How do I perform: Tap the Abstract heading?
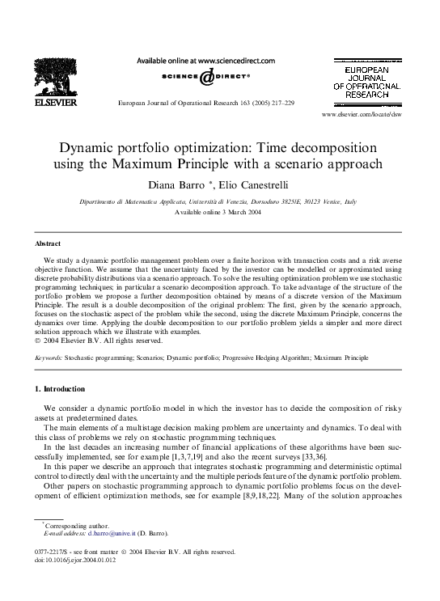pyautogui.click(x=49, y=243)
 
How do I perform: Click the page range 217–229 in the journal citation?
pyautogui.click(x=280, y=104)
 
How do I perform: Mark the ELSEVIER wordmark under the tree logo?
pyautogui.click(x=55, y=103)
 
